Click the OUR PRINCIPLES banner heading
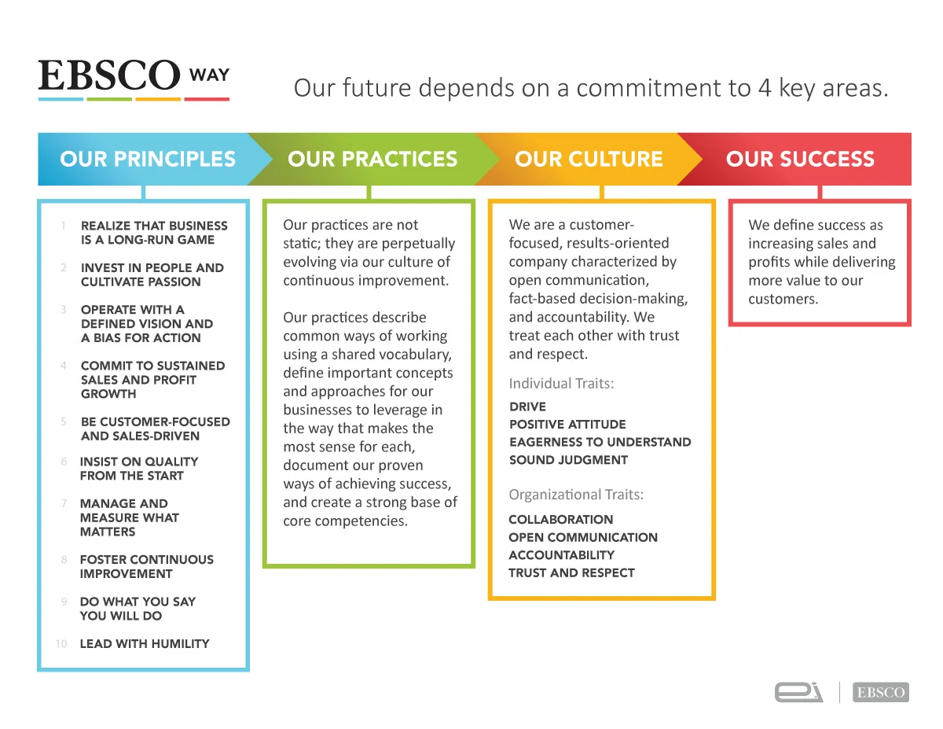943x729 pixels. (x=148, y=159)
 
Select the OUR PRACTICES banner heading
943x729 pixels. (x=372, y=159)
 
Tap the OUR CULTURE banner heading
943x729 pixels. (x=589, y=159)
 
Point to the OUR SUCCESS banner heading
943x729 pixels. (x=800, y=159)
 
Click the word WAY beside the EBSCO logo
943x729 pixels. (x=209, y=75)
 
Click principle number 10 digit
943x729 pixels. (x=61, y=643)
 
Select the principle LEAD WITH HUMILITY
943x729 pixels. (x=145, y=643)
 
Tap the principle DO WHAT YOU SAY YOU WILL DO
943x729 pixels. (x=138, y=609)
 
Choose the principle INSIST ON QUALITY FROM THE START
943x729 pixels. (x=138, y=469)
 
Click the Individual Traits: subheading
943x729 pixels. (x=561, y=384)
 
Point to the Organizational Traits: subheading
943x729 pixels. (x=576, y=495)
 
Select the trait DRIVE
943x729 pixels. (x=527, y=407)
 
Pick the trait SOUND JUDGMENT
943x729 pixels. (x=568, y=460)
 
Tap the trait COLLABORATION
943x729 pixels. (x=560, y=520)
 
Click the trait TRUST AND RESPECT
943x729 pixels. (x=571, y=573)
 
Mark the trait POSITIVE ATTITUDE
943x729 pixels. (x=567, y=425)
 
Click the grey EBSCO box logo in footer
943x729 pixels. (x=881, y=693)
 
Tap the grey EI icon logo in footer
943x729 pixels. (x=798, y=693)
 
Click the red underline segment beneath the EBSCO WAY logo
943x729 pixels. (x=207, y=99)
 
